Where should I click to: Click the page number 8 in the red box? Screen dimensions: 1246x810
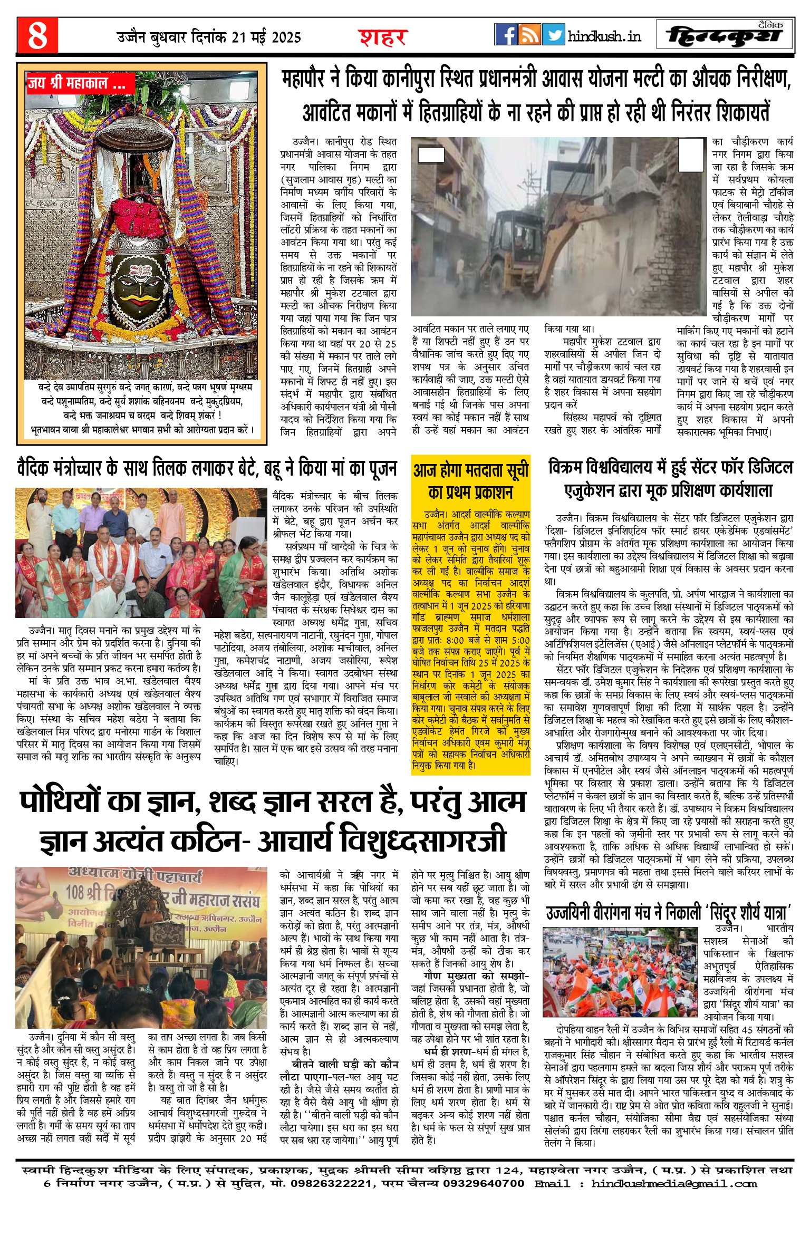37,35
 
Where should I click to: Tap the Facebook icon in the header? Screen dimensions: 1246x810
506,35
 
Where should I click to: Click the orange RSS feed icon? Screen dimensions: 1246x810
529,35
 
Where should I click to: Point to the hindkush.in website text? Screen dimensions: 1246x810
604,36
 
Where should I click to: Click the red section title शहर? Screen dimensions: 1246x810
383,37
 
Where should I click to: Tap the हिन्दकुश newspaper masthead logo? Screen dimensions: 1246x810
725,35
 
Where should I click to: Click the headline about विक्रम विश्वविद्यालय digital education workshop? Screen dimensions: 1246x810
670,479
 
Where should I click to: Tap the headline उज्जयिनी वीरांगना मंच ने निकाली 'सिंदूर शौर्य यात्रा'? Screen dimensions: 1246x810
669,912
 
